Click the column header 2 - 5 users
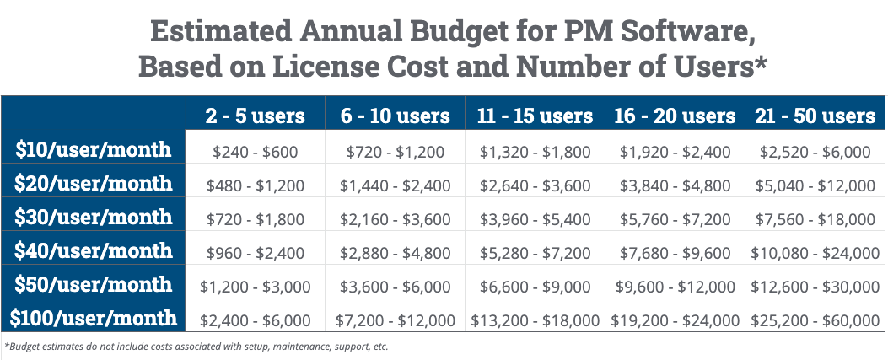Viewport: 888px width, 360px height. pyautogui.click(x=254, y=116)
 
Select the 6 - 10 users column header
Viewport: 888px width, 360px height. pyautogui.click(x=395, y=116)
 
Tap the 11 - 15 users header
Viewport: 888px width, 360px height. pyautogui.click(x=534, y=116)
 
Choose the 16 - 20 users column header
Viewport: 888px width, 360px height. pyautogui.click(x=674, y=116)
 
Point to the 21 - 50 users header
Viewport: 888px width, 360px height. pyautogui.click(x=814, y=116)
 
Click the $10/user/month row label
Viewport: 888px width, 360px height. pyautogui.click(x=94, y=150)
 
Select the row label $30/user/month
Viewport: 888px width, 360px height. pyautogui.click(x=94, y=218)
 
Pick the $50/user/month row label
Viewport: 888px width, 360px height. pyautogui.click(x=94, y=284)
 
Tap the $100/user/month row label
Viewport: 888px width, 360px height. pyautogui.click(x=94, y=319)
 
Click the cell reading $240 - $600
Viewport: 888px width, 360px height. pyautogui.click(x=255, y=152)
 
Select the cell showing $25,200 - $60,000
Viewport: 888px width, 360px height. pyautogui.click(x=814, y=320)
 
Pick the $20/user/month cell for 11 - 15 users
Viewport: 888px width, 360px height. pyautogui.click(x=534, y=185)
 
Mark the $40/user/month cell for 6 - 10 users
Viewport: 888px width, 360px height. pyautogui.click(x=395, y=253)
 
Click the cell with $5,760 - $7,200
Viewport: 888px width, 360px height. pyautogui.click(x=674, y=219)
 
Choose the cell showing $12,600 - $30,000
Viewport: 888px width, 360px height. pyautogui.click(x=814, y=287)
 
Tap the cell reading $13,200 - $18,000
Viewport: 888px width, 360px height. pyautogui.click(x=534, y=320)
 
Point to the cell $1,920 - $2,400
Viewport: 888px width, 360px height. pyautogui.click(x=674, y=152)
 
